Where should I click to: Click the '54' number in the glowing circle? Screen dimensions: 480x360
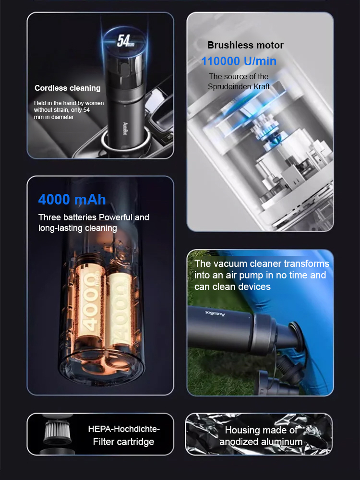click(124, 41)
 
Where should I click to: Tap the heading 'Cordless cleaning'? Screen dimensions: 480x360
click(68, 88)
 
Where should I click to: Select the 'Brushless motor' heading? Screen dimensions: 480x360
click(245, 46)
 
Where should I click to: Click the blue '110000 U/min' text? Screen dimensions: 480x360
click(239, 61)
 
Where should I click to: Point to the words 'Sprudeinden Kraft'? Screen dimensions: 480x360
click(239, 86)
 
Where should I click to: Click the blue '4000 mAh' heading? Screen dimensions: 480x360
click(72, 199)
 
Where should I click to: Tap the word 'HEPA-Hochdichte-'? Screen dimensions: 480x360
click(124, 429)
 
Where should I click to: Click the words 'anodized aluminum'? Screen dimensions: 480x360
click(261, 442)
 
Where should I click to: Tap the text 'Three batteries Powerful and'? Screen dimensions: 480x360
click(94, 217)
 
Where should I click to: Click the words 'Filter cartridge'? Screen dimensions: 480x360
click(124, 441)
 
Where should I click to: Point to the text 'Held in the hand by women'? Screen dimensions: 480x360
click(69, 103)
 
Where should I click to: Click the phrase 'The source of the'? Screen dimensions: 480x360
click(239, 77)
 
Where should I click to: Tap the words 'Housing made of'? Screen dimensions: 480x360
click(261, 430)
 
